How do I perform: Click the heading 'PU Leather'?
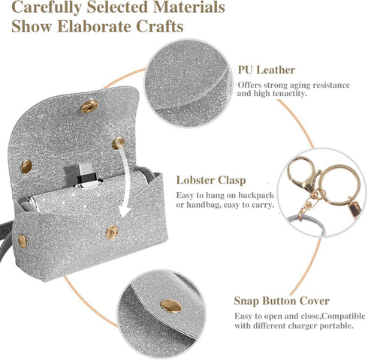click(x=267, y=70)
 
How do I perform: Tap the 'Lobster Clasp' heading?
click(x=211, y=180)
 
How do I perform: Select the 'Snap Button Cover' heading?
click(x=282, y=301)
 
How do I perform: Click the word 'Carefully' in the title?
click(x=47, y=7)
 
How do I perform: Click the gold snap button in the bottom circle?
click(x=171, y=306)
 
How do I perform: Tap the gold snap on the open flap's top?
click(x=89, y=106)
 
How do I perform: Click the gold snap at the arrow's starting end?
click(x=118, y=143)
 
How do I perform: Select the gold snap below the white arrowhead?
click(x=112, y=232)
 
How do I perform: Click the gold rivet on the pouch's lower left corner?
click(x=23, y=241)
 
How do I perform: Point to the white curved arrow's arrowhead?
click(x=125, y=211)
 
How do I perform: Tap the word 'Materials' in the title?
click(x=189, y=7)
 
